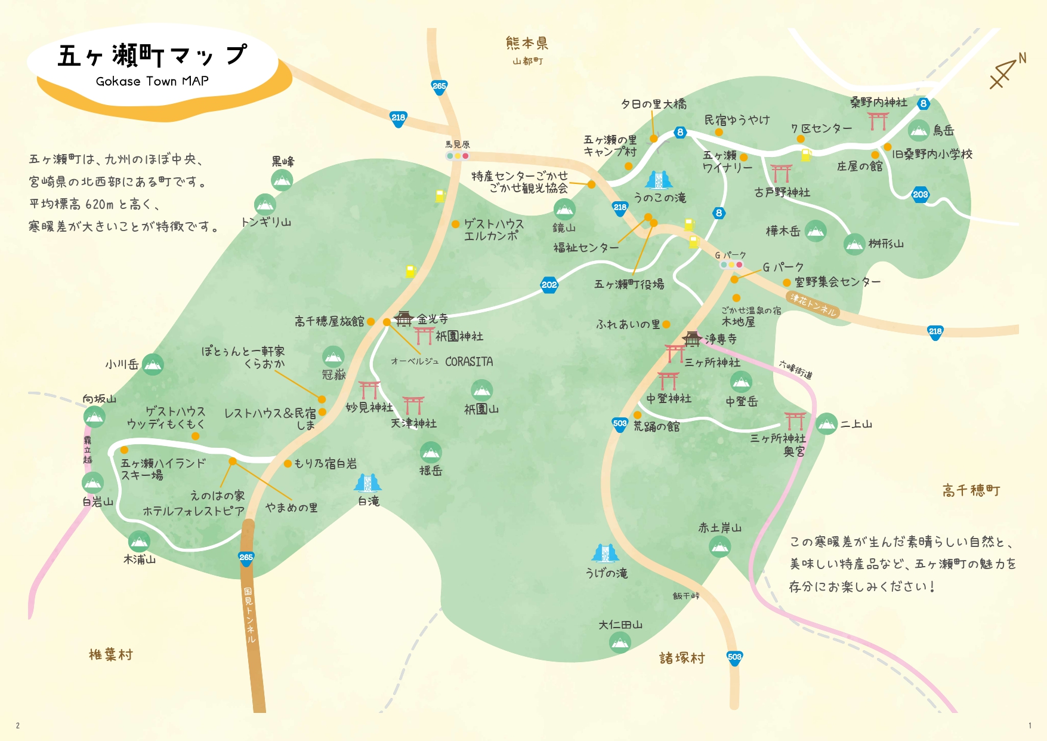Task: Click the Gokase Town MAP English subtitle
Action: pyautogui.click(x=152, y=81)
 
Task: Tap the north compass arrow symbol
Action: pyautogui.click(x=1006, y=72)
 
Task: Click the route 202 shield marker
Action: pyautogui.click(x=549, y=285)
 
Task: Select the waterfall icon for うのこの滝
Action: pyautogui.click(x=659, y=180)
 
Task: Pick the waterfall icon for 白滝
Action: pyautogui.click(x=367, y=483)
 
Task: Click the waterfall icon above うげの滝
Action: pyautogui.click(x=605, y=554)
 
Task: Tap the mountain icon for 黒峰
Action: pyautogui.click(x=282, y=180)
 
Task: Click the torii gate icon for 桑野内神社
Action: pyautogui.click(x=878, y=120)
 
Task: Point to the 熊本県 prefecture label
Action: pyautogui.click(x=527, y=43)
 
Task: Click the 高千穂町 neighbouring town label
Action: pyautogui.click(x=971, y=491)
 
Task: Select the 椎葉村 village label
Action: pyautogui.click(x=110, y=655)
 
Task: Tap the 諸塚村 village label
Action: pyautogui.click(x=682, y=658)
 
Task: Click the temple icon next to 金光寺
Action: pyautogui.click(x=404, y=319)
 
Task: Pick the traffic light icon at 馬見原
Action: pyautogui.click(x=458, y=156)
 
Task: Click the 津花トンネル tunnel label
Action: pyautogui.click(x=814, y=305)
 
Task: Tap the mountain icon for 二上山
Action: pyautogui.click(x=826, y=424)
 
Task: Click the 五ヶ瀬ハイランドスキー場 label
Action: pyautogui.click(x=162, y=469)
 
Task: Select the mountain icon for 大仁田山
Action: pyautogui.click(x=620, y=642)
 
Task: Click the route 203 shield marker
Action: pyautogui.click(x=920, y=195)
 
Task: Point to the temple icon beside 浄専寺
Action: pyautogui.click(x=692, y=339)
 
